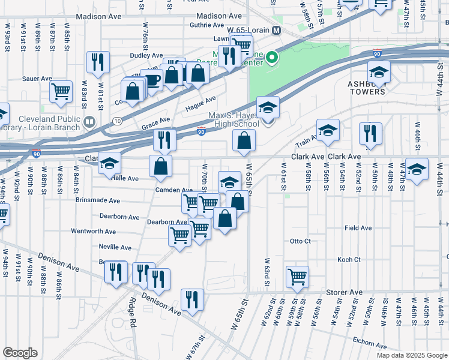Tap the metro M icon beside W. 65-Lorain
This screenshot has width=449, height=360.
277,31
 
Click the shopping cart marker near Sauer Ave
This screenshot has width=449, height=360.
61,92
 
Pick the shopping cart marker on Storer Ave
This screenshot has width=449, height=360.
297,277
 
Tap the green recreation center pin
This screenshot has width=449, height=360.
272,58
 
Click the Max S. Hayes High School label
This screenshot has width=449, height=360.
234,119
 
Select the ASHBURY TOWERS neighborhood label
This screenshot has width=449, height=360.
366,88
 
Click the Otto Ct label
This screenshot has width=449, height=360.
300,241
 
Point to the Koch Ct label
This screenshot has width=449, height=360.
349,260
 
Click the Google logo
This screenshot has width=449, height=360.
20,353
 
